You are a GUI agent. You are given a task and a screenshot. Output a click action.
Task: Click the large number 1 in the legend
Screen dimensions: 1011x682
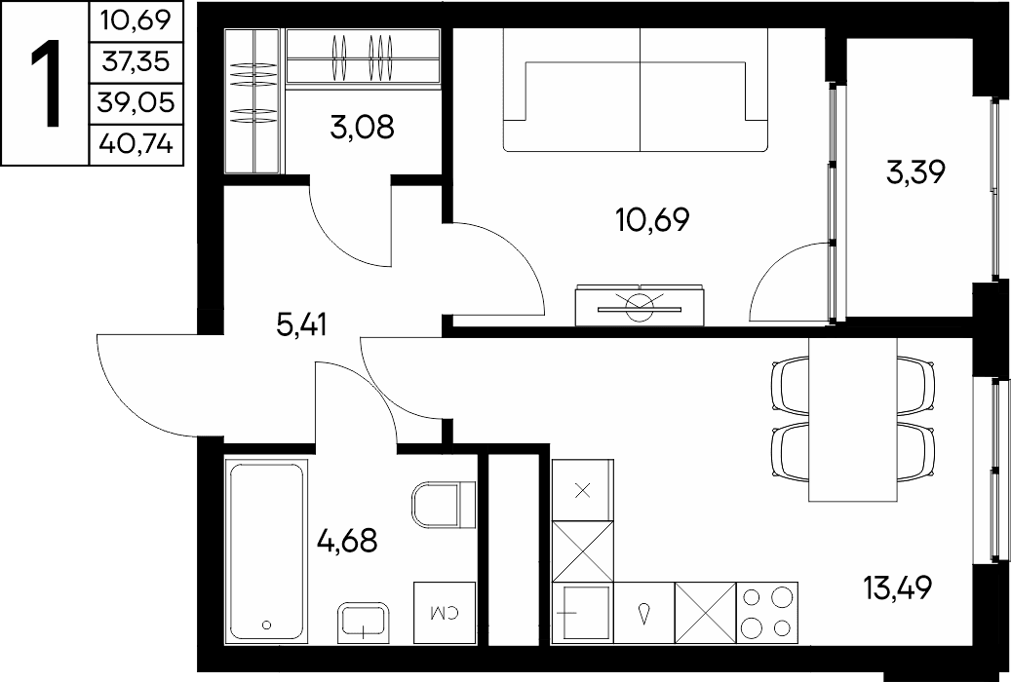pyautogui.click(x=45, y=83)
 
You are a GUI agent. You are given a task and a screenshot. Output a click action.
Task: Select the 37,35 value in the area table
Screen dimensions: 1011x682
pyautogui.click(x=136, y=62)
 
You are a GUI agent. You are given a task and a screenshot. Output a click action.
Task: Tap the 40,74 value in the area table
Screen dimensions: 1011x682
pyautogui.click(x=136, y=143)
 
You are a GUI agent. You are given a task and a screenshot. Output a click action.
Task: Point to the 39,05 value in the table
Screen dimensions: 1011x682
pyautogui.click(x=136, y=102)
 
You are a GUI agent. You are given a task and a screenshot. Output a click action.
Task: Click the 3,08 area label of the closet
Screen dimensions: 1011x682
pyautogui.click(x=362, y=127)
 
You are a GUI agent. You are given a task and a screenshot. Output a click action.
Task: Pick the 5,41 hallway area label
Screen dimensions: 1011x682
pyautogui.click(x=302, y=324)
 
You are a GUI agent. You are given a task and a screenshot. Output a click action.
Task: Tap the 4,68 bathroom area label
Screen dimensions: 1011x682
pyautogui.click(x=347, y=540)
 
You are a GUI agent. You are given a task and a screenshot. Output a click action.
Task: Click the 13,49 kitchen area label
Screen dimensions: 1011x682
pyautogui.click(x=898, y=587)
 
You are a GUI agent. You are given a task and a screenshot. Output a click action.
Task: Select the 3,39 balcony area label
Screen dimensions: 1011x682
pyautogui.click(x=915, y=172)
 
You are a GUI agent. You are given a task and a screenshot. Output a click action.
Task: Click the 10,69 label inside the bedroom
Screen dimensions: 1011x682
pyautogui.click(x=652, y=220)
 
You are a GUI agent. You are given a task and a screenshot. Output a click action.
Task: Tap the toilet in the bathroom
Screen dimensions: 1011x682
pyautogui.click(x=444, y=505)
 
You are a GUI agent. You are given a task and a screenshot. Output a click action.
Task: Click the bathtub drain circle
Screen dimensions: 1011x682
pyautogui.click(x=266, y=624)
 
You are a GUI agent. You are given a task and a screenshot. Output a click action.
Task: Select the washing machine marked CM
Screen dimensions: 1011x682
pyautogui.click(x=445, y=613)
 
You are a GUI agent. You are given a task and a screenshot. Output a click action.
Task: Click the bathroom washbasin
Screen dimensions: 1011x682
pyautogui.click(x=363, y=622)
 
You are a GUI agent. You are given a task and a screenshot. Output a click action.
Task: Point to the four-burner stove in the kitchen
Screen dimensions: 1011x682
pyautogui.click(x=766, y=613)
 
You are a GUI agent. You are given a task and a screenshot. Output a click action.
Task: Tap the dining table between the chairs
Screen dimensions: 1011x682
pyautogui.click(x=852, y=419)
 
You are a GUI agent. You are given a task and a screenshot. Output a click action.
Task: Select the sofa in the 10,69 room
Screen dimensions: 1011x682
pyautogui.click(x=637, y=91)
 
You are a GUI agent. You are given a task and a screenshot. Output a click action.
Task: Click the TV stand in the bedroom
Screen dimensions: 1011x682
pyautogui.click(x=640, y=305)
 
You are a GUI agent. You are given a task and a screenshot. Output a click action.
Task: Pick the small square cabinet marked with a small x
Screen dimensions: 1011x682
pyautogui.click(x=583, y=490)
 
